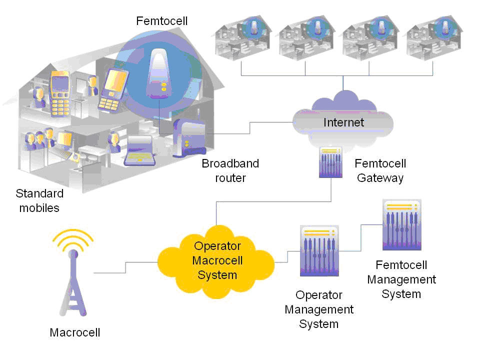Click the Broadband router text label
(230, 170)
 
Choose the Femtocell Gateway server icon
(330, 162)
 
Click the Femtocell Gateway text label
(380, 170)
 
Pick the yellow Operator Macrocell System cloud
(217, 260)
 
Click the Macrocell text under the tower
(75, 332)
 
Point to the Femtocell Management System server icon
(401, 225)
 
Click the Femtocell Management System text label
(401, 279)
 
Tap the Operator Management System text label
(319, 309)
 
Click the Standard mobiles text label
(39, 200)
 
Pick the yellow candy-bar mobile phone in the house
(60, 90)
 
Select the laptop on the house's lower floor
(140, 150)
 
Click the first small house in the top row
(243, 38)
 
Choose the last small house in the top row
(432, 38)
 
